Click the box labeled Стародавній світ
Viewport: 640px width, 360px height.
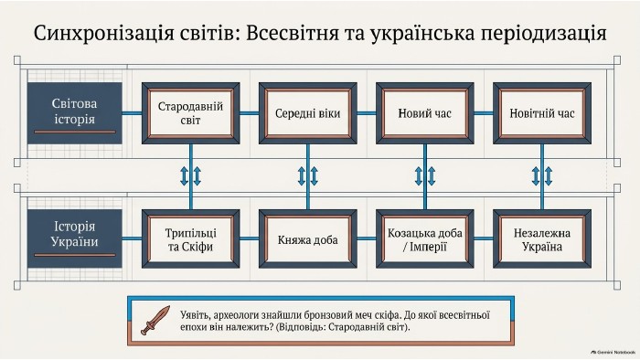pyautogui.click(x=190, y=113)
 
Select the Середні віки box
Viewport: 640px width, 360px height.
pyautogui.click(x=308, y=113)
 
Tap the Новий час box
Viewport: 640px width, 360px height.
pyautogui.click(x=425, y=113)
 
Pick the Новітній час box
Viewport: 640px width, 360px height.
pyautogui.click(x=542, y=113)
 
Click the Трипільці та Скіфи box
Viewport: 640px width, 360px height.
pyautogui.click(x=190, y=238)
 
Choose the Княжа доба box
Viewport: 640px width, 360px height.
pyautogui.click(x=308, y=238)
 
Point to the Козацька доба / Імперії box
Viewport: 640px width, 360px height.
pyautogui.click(x=425, y=238)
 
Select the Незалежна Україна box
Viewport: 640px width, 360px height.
pyautogui.click(x=542, y=238)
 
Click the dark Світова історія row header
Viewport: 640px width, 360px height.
pyautogui.click(x=75, y=113)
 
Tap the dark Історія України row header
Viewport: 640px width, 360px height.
pyautogui.click(x=75, y=238)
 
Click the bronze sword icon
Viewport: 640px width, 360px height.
pyautogui.click(x=155, y=321)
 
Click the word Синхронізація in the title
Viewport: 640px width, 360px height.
pyautogui.click(x=103, y=34)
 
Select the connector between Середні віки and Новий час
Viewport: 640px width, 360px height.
pyautogui.click(x=367, y=113)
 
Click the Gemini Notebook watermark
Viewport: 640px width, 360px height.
pyautogui.click(x=613, y=352)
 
